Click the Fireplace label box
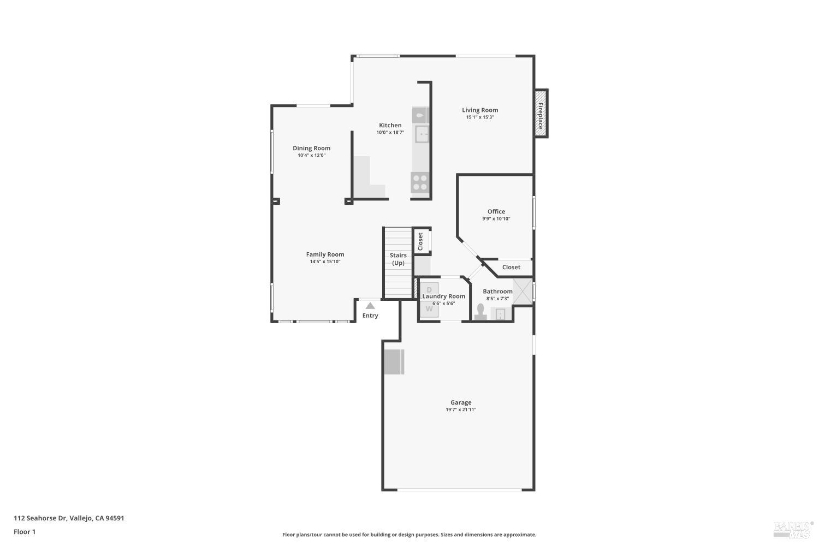pyautogui.click(x=541, y=113)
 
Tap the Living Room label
pyautogui.click(x=480, y=110)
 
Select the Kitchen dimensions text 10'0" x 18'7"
pyautogui.click(x=390, y=133)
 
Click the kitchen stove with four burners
pyautogui.click(x=420, y=182)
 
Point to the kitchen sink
pyautogui.click(x=422, y=134)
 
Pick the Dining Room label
pyautogui.click(x=311, y=148)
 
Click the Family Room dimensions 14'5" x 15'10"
pyautogui.click(x=325, y=262)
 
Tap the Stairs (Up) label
pyautogui.click(x=398, y=259)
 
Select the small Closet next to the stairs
pyautogui.click(x=421, y=241)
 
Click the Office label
pyautogui.click(x=496, y=211)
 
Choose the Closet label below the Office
pyautogui.click(x=511, y=267)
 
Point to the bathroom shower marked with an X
pyautogui.click(x=523, y=290)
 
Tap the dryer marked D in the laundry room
pyautogui.click(x=429, y=289)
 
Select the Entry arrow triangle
pyautogui.click(x=370, y=306)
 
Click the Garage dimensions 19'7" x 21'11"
pyautogui.click(x=461, y=410)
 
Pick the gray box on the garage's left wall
pyautogui.click(x=394, y=361)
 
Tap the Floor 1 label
pyautogui.click(x=25, y=531)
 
